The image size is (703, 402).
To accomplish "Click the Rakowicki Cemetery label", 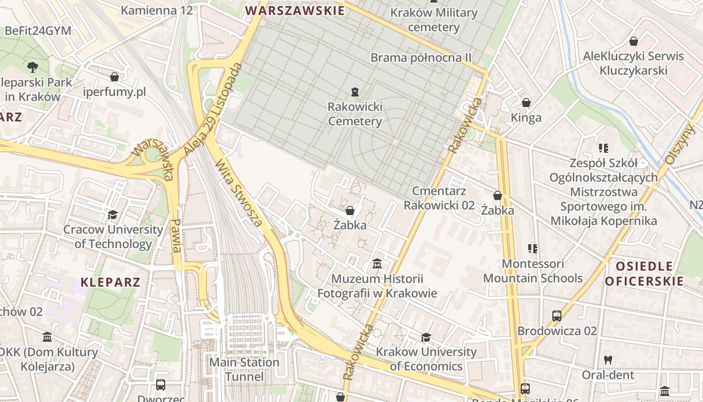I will [355, 114].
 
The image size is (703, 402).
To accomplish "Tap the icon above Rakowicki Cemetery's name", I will [355, 91].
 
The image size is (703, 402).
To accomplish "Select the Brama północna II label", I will [421, 58].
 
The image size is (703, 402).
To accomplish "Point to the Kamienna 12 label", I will [157, 10].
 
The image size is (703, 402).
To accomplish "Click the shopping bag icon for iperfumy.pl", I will [114, 77].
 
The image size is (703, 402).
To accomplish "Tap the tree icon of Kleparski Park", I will [33, 66].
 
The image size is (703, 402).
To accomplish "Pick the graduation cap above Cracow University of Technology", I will [112, 215].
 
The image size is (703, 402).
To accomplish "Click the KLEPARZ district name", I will [110, 281].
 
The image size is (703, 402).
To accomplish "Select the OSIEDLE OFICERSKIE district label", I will [644, 273].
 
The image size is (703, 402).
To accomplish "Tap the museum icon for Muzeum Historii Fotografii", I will [377, 263].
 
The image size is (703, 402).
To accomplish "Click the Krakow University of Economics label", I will [426, 359].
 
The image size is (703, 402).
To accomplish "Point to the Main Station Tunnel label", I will [244, 369].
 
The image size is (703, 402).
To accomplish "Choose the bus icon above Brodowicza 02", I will [556, 316].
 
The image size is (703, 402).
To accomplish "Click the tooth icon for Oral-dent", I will [608, 360].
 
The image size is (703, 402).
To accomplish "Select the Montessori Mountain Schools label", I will [533, 271].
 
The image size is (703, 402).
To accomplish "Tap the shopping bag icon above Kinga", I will [526, 103].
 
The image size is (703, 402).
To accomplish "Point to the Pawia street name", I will [175, 236].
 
